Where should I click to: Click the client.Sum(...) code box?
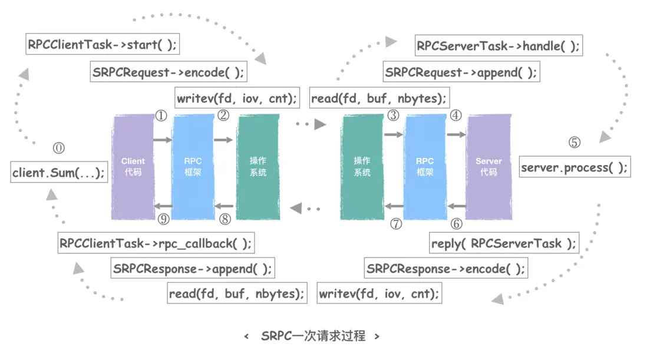[x=59, y=173]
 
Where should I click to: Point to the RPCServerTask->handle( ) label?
[x=498, y=45]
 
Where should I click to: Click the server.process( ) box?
[x=574, y=167]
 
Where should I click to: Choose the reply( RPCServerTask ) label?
[x=503, y=243]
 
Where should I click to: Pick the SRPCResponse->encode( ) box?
[x=445, y=269]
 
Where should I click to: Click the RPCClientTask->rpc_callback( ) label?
[x=156, y=243]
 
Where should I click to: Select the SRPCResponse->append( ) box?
[x=193, y=269]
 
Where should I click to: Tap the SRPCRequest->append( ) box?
[x=461, y=72]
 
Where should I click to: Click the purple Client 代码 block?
[x=133, y=167]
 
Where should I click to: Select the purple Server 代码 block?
[x=488, y=167]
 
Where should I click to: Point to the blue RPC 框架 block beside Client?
[x=193, y=167]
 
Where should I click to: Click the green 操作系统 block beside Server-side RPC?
[x=362, y=167]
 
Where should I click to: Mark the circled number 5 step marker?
[x=574, y=143]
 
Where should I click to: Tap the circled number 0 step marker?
[x=59, y=148]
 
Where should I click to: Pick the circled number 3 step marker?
[x=393, y=115]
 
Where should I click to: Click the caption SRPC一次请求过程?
[x=312, y=336]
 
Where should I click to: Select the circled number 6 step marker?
[x=456, y=223]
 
